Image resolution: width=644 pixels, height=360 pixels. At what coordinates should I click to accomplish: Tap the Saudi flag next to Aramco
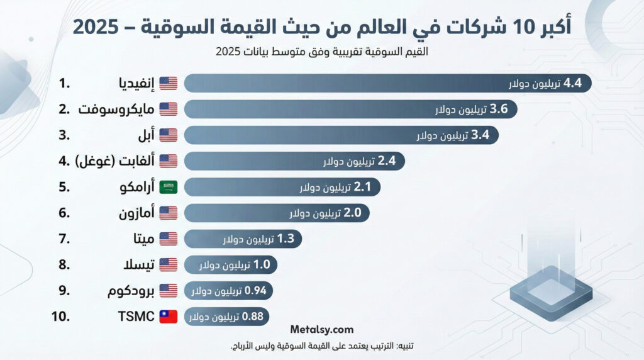[x=169, y=187]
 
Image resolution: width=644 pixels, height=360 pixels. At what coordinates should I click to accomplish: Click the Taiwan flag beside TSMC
[x=169, y=317]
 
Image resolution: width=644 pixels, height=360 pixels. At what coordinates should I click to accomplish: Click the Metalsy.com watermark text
[x=322, y=329]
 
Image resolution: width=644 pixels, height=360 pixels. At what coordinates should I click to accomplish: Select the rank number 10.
[x=62, y=317]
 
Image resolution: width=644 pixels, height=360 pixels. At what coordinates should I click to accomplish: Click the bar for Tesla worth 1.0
[x=231, y=265]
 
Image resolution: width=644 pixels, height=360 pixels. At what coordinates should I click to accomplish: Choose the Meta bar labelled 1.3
[x=244, y=239]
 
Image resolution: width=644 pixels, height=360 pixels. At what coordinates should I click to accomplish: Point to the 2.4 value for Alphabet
[x=386, y=161]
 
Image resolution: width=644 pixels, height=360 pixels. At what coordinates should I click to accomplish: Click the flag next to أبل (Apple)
[x=169, y=135]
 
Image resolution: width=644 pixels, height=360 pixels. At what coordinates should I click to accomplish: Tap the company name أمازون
[x=136, y=213]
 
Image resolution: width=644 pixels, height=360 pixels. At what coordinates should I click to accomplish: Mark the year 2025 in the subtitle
[x=228, y=52]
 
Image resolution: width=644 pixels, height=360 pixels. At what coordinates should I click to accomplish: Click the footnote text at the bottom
[x=322, y=347]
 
